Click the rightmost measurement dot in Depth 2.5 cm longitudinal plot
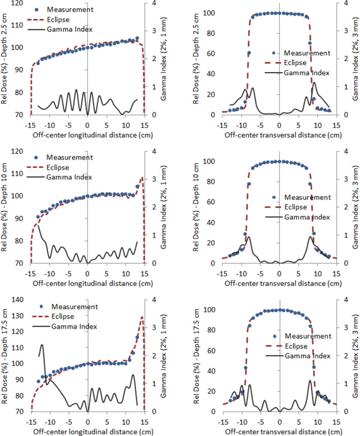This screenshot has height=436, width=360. click(x=137, y=39)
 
